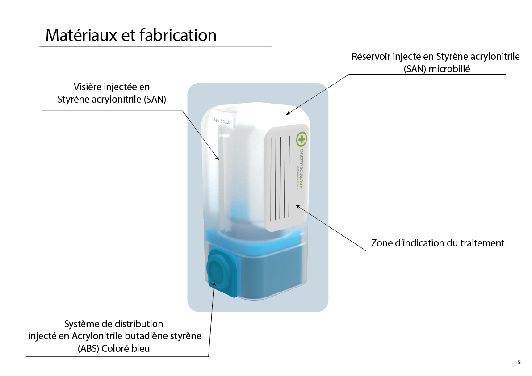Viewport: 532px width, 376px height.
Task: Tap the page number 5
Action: click(x=519, y=362)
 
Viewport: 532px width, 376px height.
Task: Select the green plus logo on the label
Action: click(x=302, y=139)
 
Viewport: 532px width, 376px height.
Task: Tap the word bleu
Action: click(x=140, y=349)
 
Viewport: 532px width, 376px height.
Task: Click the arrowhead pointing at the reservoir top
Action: click(x=288, y=113)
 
